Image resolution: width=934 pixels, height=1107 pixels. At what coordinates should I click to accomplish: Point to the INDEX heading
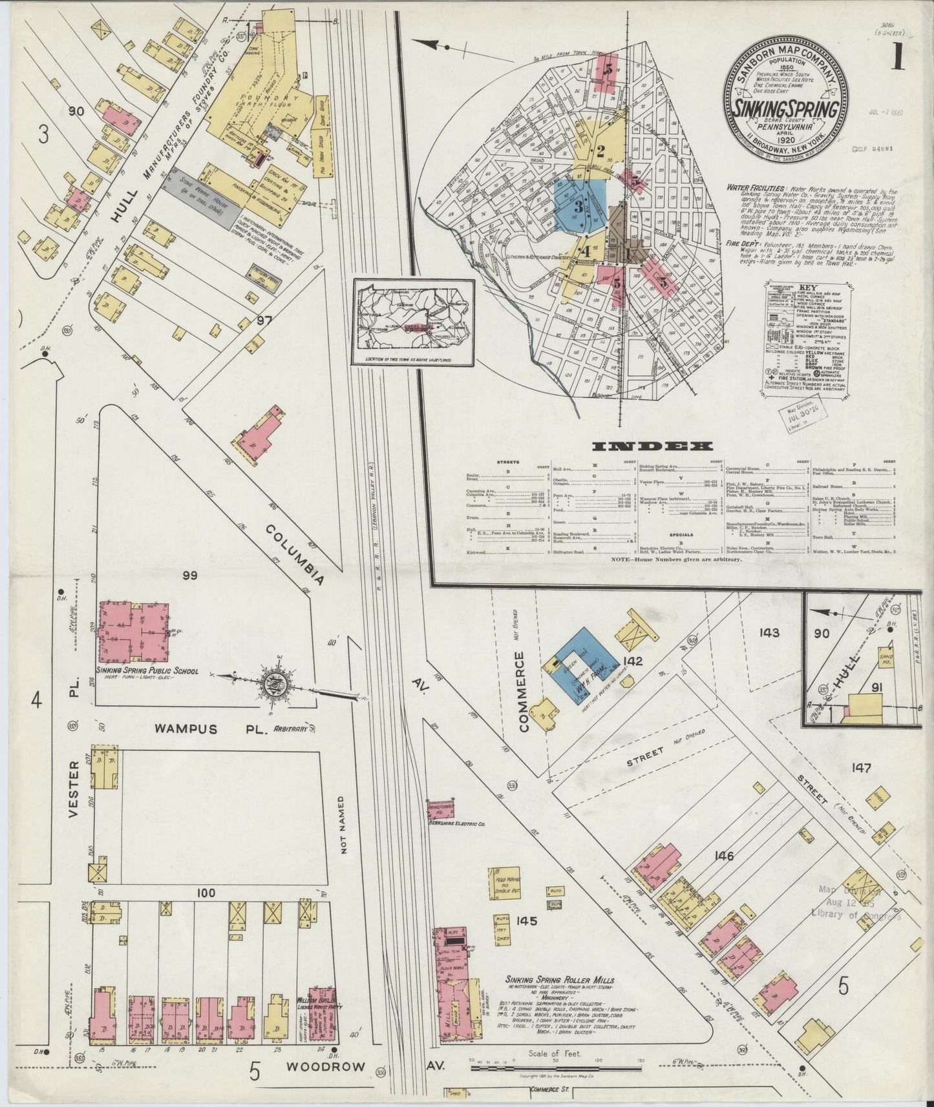click(653, 446)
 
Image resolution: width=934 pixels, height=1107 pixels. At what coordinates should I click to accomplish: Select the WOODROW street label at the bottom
click(316, 1066)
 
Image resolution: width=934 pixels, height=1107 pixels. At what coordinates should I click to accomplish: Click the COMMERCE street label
click(524, 692)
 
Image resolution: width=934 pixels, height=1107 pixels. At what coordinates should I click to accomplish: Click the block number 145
click(527, 921)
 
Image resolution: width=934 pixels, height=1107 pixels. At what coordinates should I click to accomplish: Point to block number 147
click(862, 768)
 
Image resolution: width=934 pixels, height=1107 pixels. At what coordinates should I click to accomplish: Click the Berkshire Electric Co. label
click(456, 824)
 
